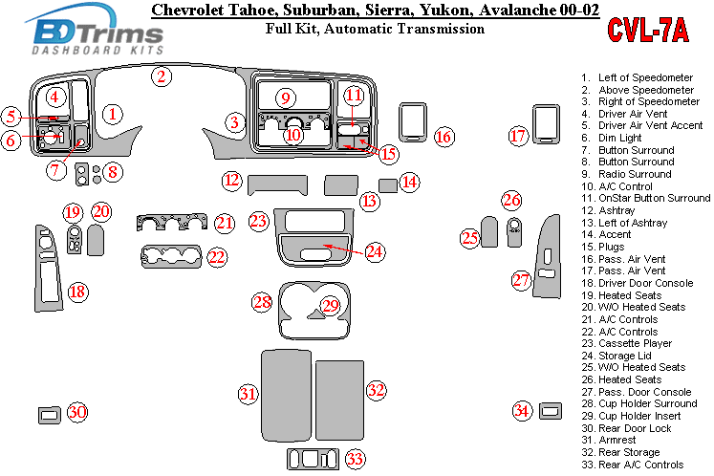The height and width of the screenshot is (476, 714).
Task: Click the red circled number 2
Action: point(162,76)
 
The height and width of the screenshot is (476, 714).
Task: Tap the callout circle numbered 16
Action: point(444,137)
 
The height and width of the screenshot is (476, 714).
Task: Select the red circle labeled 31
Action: point(249,394)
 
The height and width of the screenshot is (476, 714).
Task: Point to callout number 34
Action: point(521,411)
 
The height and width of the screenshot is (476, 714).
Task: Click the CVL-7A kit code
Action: point(647,32)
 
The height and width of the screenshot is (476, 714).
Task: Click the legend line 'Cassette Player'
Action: point(635,343)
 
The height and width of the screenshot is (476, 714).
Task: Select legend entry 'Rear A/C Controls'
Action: point(640,465)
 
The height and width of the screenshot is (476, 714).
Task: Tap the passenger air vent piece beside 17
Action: point(546,125)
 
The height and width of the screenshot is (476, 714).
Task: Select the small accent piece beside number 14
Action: point(388,184)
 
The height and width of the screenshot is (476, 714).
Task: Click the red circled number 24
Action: point(374,252)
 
